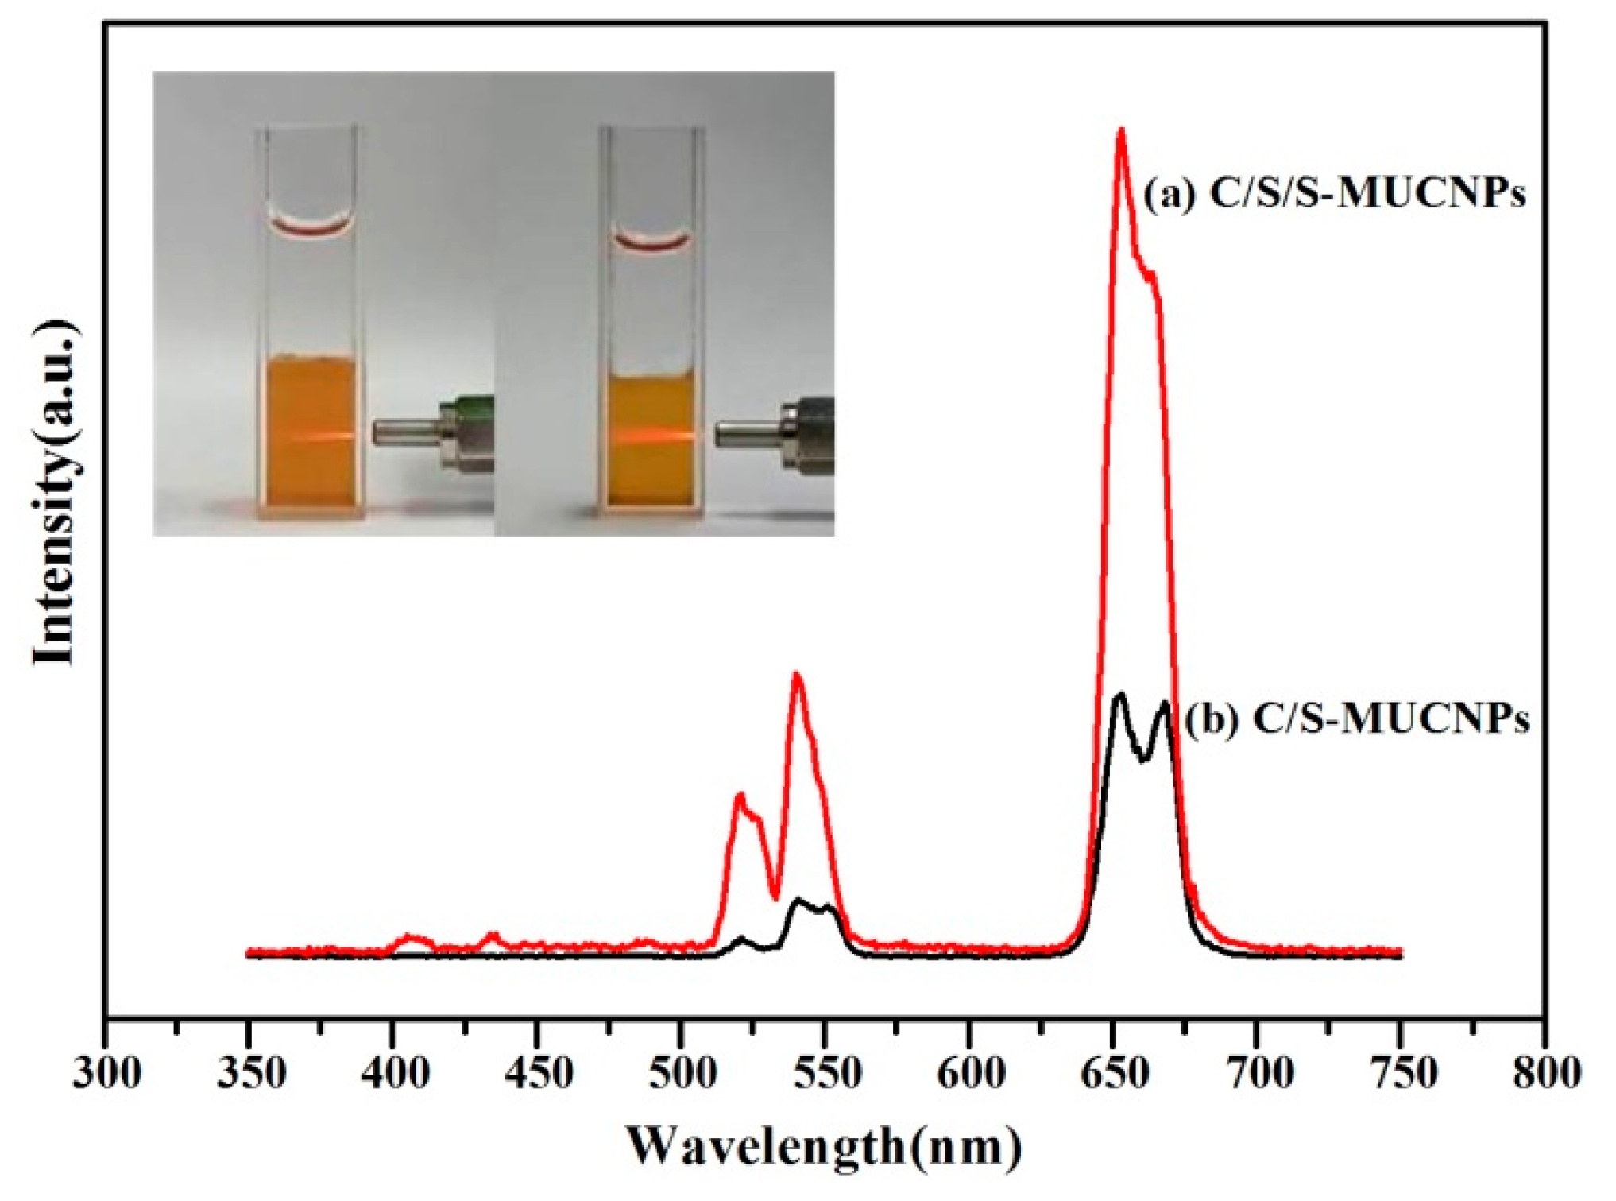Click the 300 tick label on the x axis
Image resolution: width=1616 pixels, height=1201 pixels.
106,1074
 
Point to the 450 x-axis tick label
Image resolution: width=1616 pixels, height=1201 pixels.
538,1074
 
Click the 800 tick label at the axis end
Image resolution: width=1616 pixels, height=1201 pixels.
1545,1074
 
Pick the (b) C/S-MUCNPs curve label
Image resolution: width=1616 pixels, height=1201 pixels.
1357,719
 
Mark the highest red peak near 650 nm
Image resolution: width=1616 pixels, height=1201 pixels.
1121,130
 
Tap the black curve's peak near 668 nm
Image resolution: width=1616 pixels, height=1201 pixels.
1166,703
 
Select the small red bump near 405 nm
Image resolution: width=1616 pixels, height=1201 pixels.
409,938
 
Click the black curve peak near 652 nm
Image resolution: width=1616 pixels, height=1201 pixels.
1120,695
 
